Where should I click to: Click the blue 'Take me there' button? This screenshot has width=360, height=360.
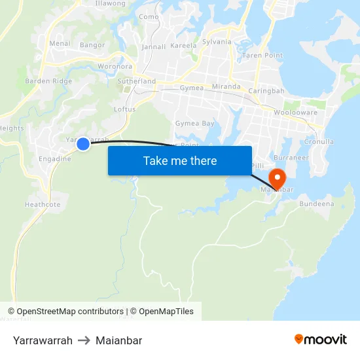point(179,160)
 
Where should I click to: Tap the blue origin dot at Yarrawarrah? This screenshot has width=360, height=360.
point(83,143)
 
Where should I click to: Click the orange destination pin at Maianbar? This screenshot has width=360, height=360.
point(276,178)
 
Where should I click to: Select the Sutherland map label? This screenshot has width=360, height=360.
point(137,82)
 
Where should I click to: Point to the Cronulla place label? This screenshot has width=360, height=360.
point(319,141)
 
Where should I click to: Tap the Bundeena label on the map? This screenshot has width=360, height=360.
point(316,204)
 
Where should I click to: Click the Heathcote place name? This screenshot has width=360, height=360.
point(43,205)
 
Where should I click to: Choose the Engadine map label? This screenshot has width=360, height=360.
point(55,158)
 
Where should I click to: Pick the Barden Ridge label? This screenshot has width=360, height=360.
point(48,81)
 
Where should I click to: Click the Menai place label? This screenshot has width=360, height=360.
point(60,44)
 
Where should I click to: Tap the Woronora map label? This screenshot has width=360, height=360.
point(115,67)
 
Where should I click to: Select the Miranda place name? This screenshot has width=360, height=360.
point(226,86)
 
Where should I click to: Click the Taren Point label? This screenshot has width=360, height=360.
point(262,56)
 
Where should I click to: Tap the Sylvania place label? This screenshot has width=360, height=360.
point(217,42)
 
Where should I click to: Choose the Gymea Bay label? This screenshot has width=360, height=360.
point(194,124)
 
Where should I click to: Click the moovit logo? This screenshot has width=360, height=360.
point(320,339)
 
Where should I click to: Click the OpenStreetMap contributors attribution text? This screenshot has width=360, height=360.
point(70,312)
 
